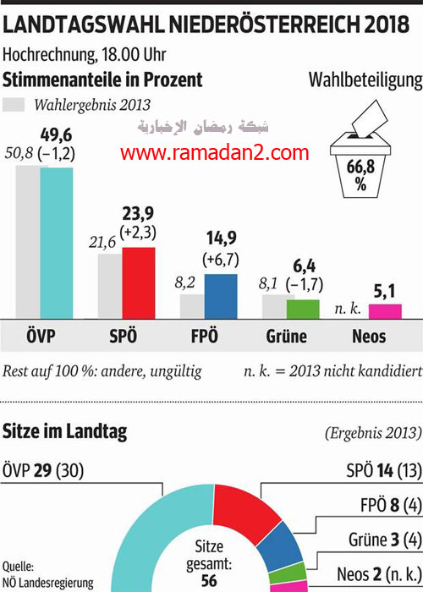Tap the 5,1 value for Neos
385,293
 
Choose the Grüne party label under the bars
286,337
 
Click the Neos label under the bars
368,337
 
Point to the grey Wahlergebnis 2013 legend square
14,106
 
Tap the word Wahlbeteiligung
365,81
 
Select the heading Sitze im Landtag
66,432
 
